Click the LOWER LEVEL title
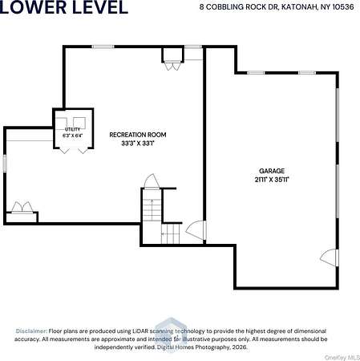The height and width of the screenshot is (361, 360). coord(63,7)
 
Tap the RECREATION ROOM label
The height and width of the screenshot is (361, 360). coord(138,135)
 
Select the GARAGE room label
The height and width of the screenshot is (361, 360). coord(272,171)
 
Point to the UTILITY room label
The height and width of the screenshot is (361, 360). coord(72,129)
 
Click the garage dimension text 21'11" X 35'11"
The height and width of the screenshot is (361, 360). coord(272,180)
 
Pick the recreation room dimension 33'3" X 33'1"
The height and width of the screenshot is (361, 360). coord(138,144)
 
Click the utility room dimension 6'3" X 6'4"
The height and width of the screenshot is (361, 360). coord(73,136)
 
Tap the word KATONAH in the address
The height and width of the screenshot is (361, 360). coord(298,7)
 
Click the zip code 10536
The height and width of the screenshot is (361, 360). coord(343,7)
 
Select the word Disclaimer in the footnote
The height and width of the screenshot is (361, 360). coord(31,331)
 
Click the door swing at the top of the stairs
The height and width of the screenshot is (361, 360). coord(152,181)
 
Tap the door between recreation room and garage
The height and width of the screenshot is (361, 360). coord(196,229)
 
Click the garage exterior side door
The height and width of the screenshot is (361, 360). coord(329,258)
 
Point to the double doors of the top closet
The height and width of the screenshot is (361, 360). coord(172,67)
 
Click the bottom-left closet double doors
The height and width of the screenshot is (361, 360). coord(22,207)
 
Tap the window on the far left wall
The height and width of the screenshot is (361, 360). coord(5,163)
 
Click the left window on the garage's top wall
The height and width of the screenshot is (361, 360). coord(256,73)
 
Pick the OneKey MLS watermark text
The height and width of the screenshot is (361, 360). coord(342,358)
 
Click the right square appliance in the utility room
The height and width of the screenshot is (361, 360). coord(79,123)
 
